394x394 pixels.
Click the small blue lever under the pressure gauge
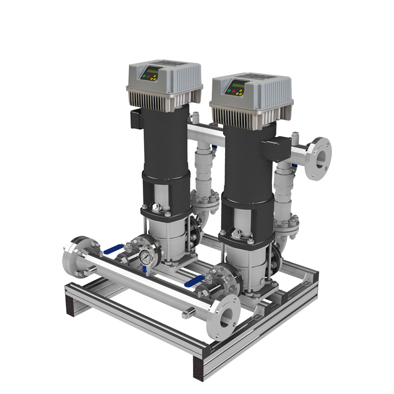[x=145, y=270]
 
